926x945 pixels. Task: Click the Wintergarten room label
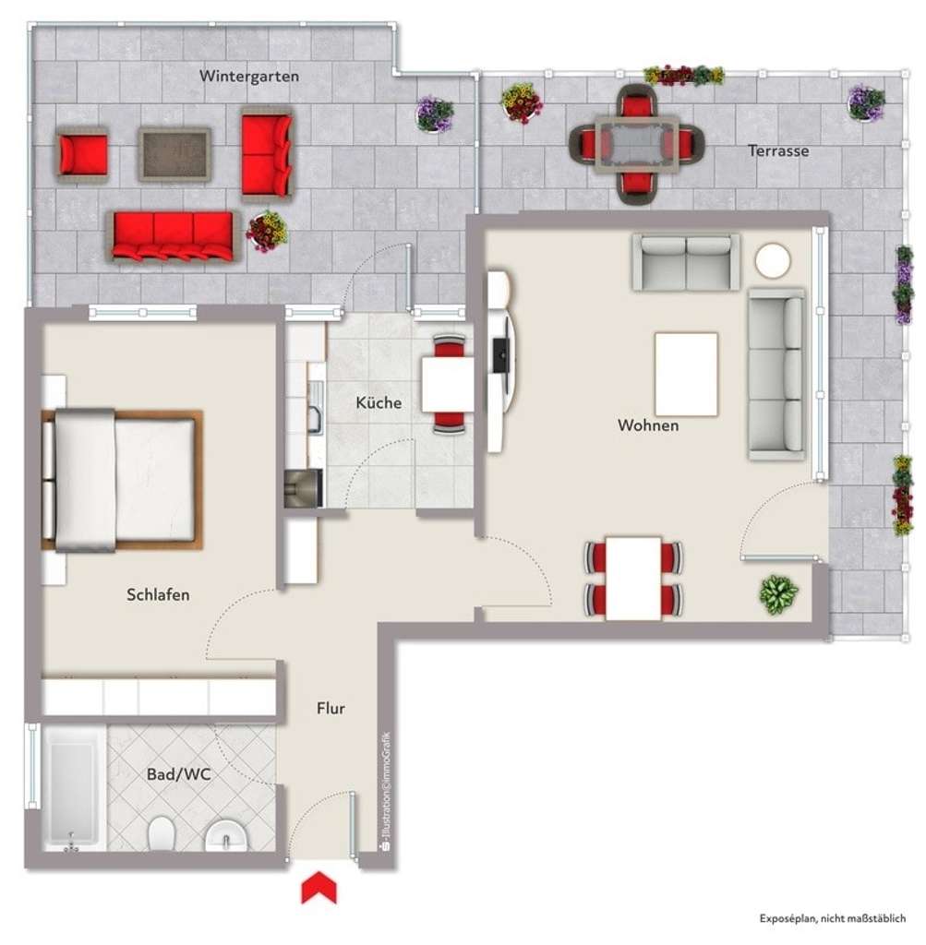(248, 77)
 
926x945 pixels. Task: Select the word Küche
(379, 402)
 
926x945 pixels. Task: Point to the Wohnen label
(648, 425)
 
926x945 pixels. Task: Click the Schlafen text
(158, 594)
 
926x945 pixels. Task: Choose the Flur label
(330, 709)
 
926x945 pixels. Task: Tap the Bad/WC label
(179, 774)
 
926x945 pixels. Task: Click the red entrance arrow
(319, 889)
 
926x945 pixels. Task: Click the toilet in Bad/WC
(162, 834)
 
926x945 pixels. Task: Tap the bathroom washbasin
(223, 837)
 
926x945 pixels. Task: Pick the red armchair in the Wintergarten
(82, 154)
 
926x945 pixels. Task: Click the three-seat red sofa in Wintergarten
(173, 234)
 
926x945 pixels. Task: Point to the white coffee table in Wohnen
(686, 374)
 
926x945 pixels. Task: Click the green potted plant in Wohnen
(777, 594)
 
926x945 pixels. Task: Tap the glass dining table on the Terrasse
(636, 142)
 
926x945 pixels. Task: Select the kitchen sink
(314, 413)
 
